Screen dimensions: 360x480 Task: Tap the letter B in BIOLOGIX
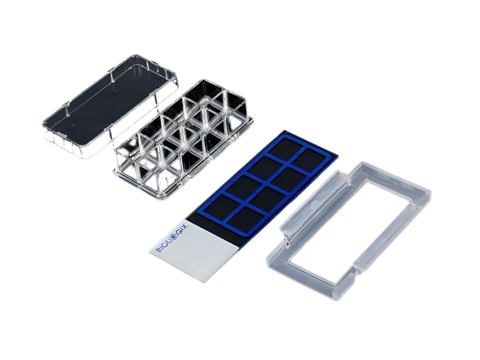click(x=159, y=250)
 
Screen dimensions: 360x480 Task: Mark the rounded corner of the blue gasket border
click(x=200, y=213)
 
